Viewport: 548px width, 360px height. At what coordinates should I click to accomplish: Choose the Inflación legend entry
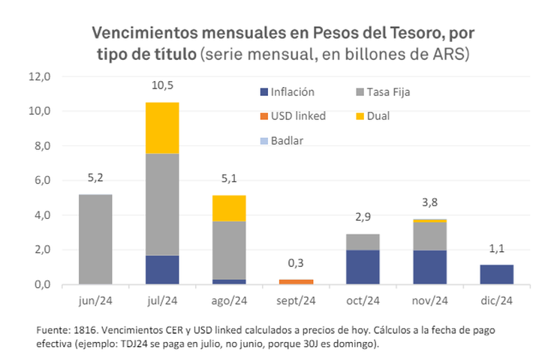coord(286,92)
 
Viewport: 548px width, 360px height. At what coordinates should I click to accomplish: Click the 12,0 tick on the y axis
coord(39,76)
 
